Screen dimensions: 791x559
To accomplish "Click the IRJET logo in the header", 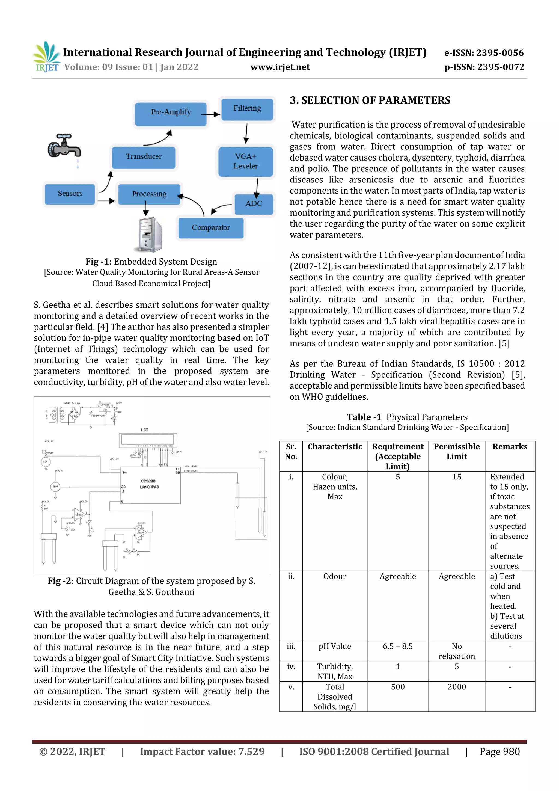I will point(46,57).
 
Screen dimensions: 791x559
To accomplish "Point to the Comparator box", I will point(211,228).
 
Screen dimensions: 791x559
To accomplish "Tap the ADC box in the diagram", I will point(254,204).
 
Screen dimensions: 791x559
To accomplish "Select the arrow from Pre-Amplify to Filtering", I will point(210,114).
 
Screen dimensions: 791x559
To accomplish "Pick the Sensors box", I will point(70,194).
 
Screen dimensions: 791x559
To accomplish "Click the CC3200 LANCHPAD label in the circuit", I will point(149,484).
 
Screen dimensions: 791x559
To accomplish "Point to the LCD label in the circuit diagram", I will point(145,429).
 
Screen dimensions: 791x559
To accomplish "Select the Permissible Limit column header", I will point(456,451).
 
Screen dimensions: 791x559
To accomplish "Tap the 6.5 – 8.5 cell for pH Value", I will point(397,646).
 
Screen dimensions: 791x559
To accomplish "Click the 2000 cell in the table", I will point(456,687).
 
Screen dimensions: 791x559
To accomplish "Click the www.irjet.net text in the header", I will point(280,67).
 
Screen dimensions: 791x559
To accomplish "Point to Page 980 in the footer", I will point(499,752).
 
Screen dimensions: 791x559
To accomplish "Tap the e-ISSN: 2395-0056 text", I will point(484,53).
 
